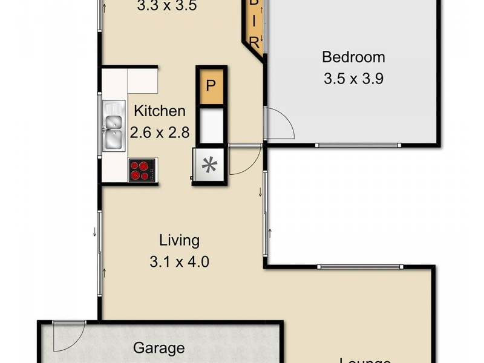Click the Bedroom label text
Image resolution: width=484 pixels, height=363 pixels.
pos(353,57)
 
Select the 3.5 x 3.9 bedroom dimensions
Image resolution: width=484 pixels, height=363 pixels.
pos(353,78)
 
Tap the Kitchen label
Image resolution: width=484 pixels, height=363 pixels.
pos(159,111)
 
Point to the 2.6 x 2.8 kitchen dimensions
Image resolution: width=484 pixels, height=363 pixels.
pos(160,132)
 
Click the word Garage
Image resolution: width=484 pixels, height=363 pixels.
pos(159,348)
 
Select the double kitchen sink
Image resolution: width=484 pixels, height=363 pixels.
pos(113,125)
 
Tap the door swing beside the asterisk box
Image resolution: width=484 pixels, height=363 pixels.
pos(243,160)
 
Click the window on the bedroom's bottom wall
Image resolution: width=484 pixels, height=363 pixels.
pos(358,145)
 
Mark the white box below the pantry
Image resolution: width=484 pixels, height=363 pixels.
pos(211,124)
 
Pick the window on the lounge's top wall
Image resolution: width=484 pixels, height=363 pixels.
pos(360,266)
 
